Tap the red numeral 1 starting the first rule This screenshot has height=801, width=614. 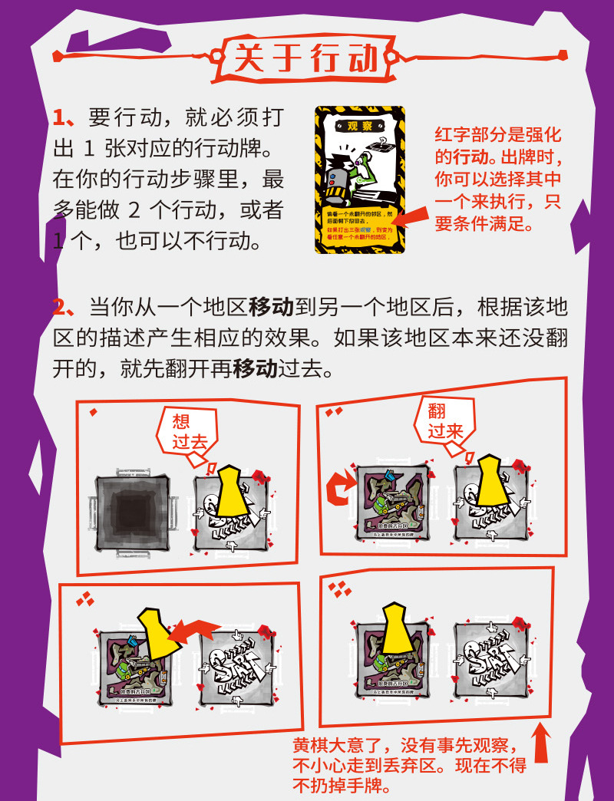click(x=61, y=117)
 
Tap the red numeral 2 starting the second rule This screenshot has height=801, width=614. click(x=61, y=308)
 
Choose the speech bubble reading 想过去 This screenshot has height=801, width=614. click(x=184, y=431)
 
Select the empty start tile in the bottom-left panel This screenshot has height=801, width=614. click(x=233, y=661)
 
